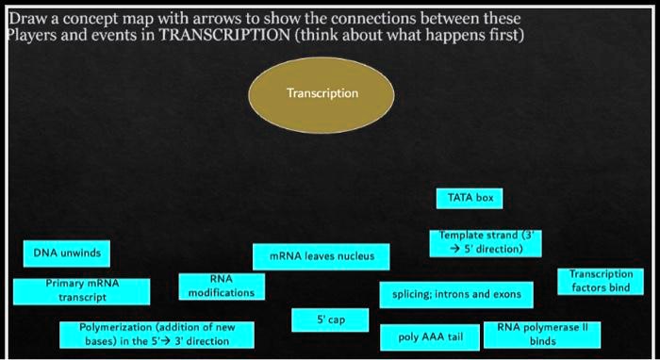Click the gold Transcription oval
pyautogui.click(x=322, y=93)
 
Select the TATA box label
pyautogui.click(x=470, y=198)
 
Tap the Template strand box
pyautogui.click(x=487, y=242)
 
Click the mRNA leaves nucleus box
pyautogui.click(x=322, y=255)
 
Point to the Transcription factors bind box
pyautogui.click(x=601, y=281)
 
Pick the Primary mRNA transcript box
pyautogui.click(x=82, y=289)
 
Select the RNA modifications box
pyautogui.click(x=221, y=286)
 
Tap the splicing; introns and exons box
pyautogui.click(x=455, y=294)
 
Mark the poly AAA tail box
pyautogui.click(x=431, y=335)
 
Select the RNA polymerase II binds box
pyautogui.click(x=541, y=334)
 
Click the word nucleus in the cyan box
pyautogui.click(x=355, y=255)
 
